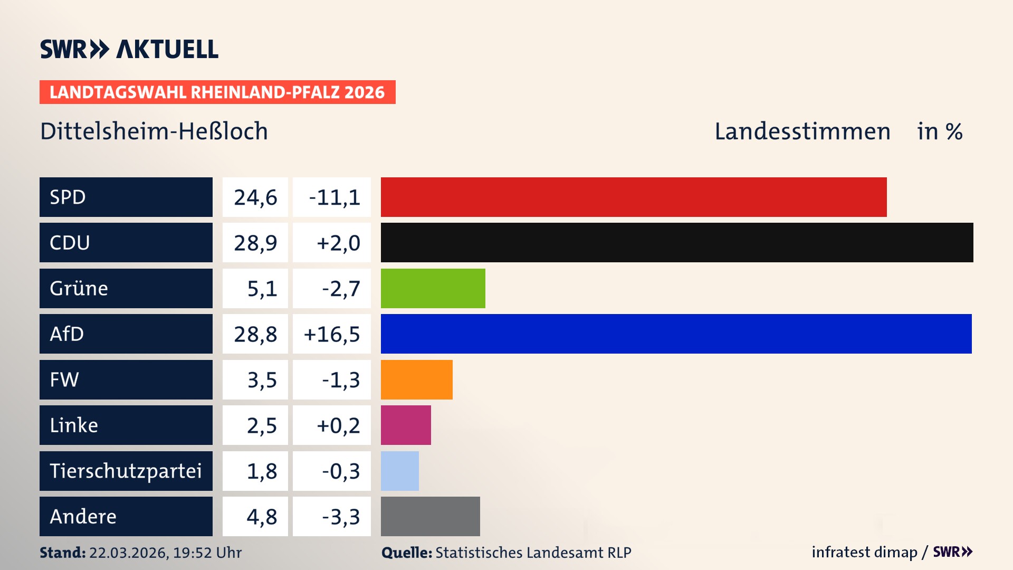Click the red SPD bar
coord(633,197)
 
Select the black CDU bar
coord(676,242)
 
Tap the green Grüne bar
coord(433,288)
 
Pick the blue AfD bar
coord(675,334)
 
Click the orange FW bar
coord(416,379)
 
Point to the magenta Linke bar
coord(405,425)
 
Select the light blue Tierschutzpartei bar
coord(399,471)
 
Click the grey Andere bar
coord(430,516)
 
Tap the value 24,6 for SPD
coord(255,197)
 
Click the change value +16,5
coord(332,334)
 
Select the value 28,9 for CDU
coord(255,243)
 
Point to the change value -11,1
coord(334,197)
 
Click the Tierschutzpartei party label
coord(126,471)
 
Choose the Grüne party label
coord(79,288)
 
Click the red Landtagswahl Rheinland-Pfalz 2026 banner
coord(217,92)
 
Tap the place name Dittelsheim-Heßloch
coord(154,131)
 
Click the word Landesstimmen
coord(802,131)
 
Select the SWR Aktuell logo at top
coord(129,49)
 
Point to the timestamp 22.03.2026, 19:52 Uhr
coord(165,553)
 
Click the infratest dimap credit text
coord(864,552)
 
